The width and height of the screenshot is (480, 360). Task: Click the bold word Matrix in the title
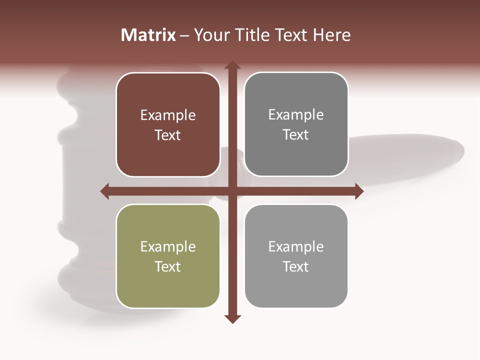tap(148, 35)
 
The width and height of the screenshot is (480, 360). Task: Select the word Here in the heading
tap(332, 35)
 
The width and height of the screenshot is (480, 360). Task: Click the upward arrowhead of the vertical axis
tap(232, 65)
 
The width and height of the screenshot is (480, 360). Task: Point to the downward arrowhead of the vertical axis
tap(232, 319)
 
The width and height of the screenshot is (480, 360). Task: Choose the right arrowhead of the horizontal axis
tap(359, 191)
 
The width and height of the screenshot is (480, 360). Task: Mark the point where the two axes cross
tap(232, 191)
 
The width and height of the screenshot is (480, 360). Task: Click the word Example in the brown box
tap(168, 115)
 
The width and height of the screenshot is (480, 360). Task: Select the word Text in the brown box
tap(168, 135)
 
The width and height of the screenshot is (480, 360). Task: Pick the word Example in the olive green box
tap(168, 246)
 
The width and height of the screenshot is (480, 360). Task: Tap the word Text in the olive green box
tap(168, 266)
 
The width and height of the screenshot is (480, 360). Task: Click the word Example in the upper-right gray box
tap(296, 115)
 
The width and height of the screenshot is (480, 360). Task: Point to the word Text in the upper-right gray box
tap(296, 134)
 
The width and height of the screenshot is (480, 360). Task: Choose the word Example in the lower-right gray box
tap(296, 246)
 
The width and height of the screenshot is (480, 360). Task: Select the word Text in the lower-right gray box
tap(296, 266)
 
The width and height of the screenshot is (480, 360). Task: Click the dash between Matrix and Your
tap(184, 36)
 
